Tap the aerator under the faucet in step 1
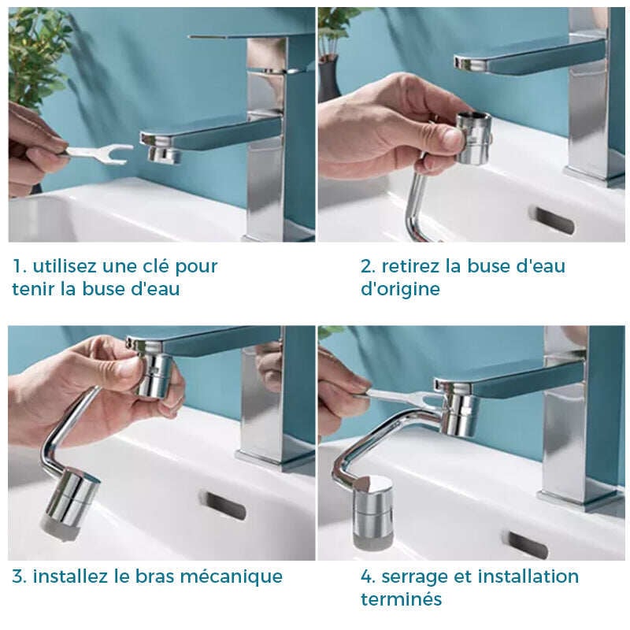[164, 154]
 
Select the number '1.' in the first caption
[19, 266]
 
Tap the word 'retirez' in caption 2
[410, 266]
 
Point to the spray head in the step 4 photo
[372, 513]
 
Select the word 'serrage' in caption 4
[415, 577]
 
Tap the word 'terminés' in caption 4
[401, 599]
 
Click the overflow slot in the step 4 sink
[528, 545]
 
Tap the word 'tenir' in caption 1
[33, 289]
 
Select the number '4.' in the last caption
[368, 577]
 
